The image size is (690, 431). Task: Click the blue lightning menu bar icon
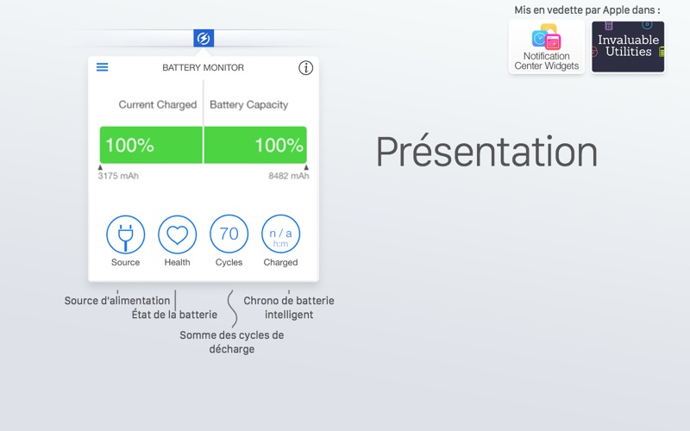(x=204, y=38)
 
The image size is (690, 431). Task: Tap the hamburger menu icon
(x=102, y=67)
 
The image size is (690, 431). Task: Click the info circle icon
(x=306, y=68)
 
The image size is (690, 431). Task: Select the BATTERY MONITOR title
(x=203, y=68)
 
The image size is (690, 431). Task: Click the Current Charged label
(x=158, y=104)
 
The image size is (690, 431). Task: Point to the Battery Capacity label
(x=248, y=104)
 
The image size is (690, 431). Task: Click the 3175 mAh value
(x=118, y=176)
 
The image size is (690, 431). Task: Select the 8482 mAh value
(x=289, y=176)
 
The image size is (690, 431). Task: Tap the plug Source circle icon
(x=125, y=234)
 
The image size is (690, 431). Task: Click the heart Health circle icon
(x=178, y=234)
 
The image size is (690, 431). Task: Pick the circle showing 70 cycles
(x=229, y=234)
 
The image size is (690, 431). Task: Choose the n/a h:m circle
(x=281, y=234)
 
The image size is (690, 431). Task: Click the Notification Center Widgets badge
(x=547, y=47)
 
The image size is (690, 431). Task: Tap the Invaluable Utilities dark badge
(x=628, y=47)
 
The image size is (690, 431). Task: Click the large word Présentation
(x=486, y=152)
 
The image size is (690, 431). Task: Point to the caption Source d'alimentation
(x=117, y=301)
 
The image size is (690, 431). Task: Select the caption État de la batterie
(x=174, y=315)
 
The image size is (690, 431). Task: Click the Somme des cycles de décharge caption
(x=231, y=342)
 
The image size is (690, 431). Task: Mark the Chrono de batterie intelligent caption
(x=289, y=308)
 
